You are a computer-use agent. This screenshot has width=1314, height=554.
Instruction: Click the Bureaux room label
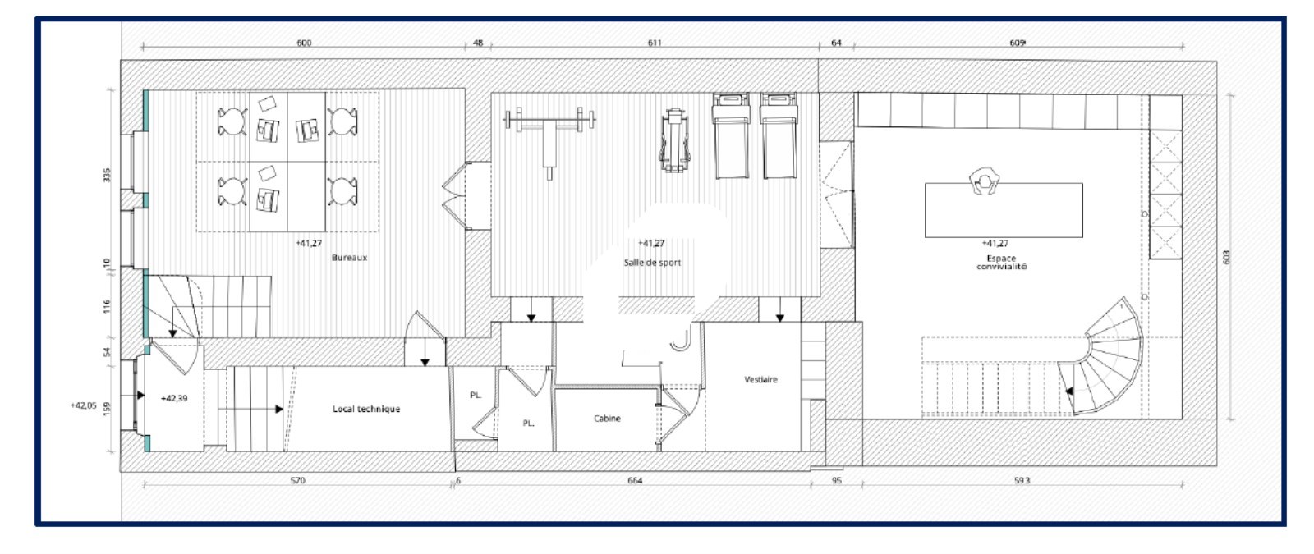pos(349,258)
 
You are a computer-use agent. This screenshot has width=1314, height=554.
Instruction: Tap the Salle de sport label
pos(652,263)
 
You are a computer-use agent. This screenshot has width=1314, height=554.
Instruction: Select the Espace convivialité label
pos(1001,262)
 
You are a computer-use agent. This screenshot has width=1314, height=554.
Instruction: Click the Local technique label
pos(366,410)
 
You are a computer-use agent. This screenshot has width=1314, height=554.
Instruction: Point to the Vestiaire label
pos(760,380)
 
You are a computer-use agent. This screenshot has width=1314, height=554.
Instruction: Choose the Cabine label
pos(607,419)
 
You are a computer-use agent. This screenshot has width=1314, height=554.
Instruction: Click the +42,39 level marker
pos(174,398)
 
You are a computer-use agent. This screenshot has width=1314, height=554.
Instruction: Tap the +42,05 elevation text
pos(83,405)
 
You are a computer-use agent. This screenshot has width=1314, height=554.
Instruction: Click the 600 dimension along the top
pos(304,43)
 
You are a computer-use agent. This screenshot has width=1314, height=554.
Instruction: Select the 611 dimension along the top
pos(655,43)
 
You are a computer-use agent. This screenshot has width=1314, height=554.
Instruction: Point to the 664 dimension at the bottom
pos(636,481)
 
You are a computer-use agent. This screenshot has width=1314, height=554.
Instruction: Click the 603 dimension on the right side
pos(1226,257)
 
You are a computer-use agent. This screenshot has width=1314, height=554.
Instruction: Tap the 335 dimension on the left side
pos(107,175)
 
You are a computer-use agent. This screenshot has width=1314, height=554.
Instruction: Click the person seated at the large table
pos(984,181)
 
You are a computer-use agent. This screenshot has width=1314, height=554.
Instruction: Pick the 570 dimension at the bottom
pos(297,481)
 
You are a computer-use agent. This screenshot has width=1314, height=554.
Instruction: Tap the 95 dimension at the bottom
pos(837,481)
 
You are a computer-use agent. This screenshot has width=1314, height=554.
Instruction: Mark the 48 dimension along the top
pos(478,43)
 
